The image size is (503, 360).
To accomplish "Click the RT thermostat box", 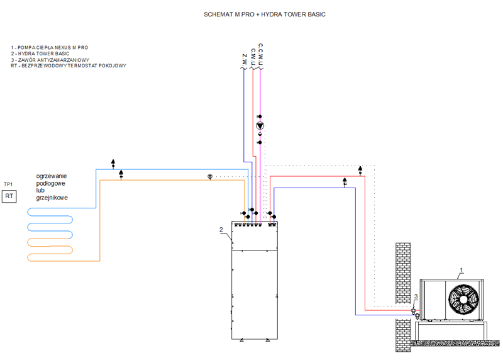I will [9, 196].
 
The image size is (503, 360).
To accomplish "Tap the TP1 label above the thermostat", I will [9, 184].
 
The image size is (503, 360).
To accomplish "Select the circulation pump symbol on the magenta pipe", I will [260, 126].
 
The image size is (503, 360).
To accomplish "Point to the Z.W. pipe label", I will [245, 60].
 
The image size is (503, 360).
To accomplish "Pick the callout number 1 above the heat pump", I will [461, 270].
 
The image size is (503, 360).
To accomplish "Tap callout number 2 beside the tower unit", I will [221, 229].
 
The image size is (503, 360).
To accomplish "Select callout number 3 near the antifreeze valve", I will [416, 296].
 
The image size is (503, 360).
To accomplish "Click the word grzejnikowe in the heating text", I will [52, 198].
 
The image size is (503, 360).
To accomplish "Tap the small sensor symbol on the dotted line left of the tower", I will [210, 177].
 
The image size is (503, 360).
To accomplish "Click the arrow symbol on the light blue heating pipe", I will [113, 162].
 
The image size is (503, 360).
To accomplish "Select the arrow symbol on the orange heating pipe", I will [121, 173].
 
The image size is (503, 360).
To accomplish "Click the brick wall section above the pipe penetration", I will [401, 271].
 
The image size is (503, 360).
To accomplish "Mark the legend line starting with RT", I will [69, 65].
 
